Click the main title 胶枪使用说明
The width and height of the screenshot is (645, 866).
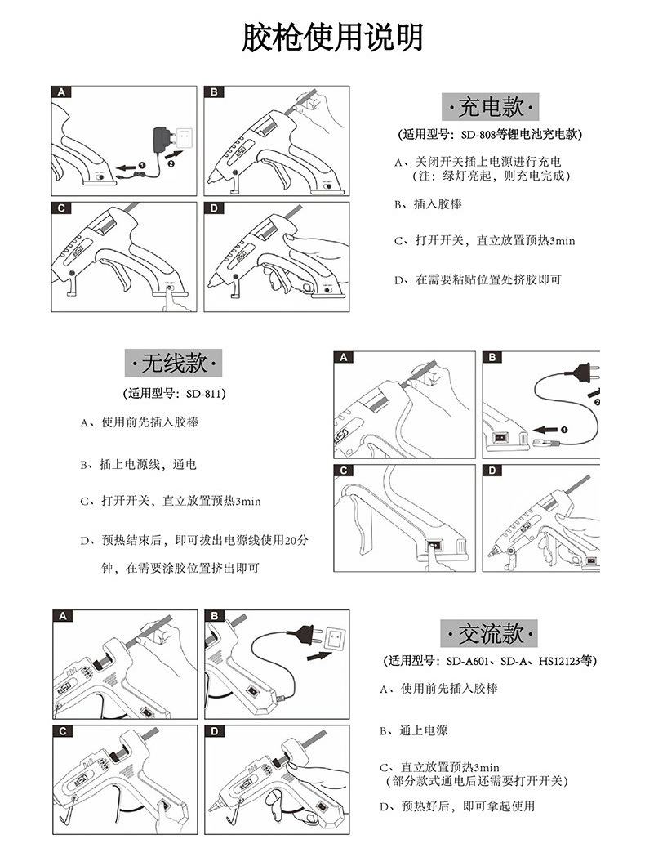click(x=331, y=38)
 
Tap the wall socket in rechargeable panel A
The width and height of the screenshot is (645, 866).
click(x=187, y=136)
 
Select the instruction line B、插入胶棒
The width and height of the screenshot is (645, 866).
click(x=433, y=204)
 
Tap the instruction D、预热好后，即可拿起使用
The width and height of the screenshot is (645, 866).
click(x=457, y=806)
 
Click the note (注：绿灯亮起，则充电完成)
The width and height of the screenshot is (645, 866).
click(x=489, y=176)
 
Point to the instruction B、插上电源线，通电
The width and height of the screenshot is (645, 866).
click(x=138, y=464)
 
